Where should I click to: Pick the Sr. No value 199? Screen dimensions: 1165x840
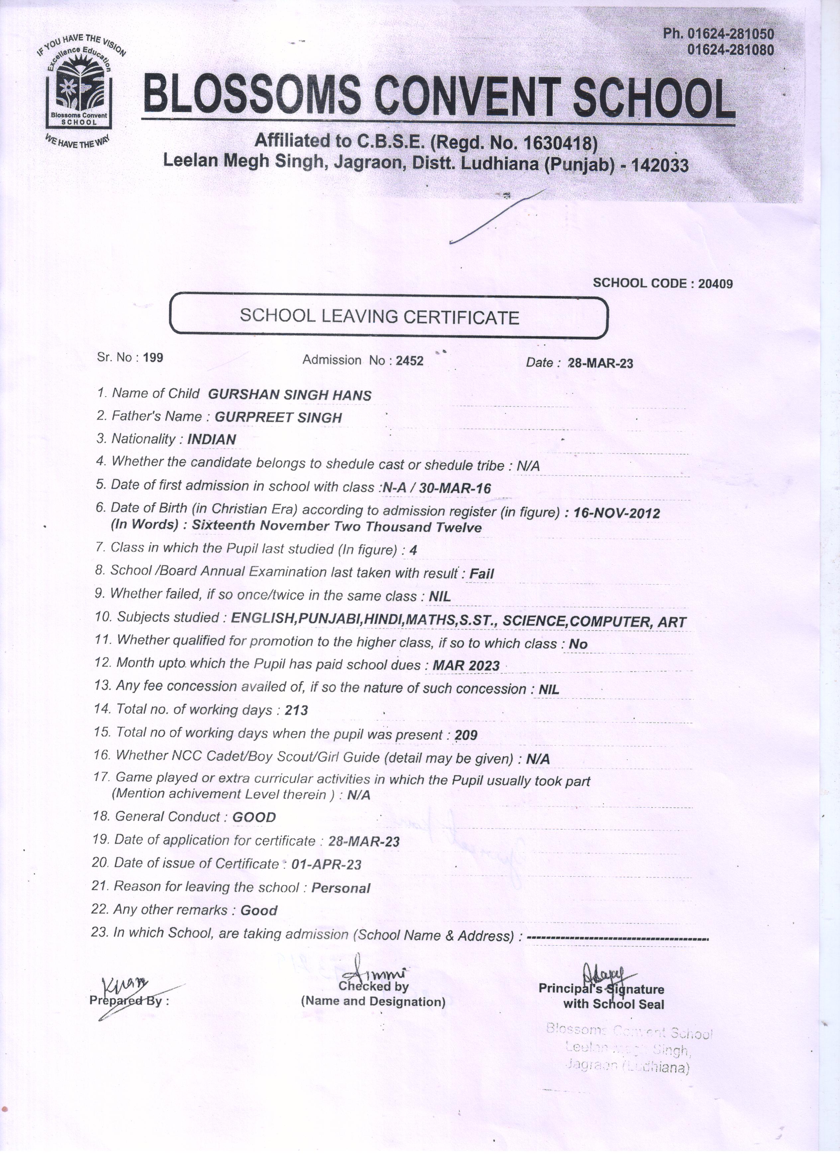click(x=153, y=357)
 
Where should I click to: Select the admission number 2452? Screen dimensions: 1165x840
click(x=409, y=361)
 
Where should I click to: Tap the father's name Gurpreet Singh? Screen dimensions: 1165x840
click(x=278, y=417)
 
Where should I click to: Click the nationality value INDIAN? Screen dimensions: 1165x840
click(x=212, y=439)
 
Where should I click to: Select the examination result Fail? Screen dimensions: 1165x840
click(x=481, y=574)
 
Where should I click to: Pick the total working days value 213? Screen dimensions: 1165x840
click(x=296, y=711)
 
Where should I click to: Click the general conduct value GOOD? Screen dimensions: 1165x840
click(x=254, y=817)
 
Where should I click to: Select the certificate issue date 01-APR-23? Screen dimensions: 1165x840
click(x=326, y=864)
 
